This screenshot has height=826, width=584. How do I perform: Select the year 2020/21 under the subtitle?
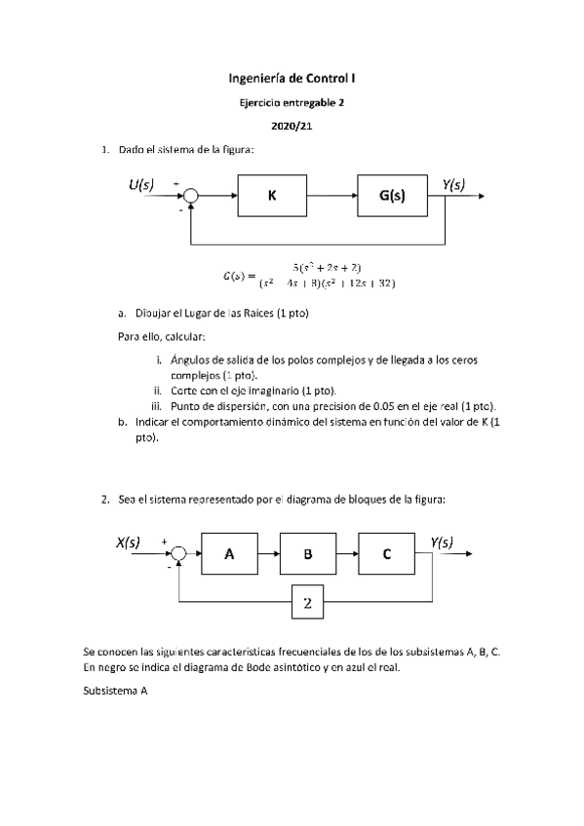coord(292,125)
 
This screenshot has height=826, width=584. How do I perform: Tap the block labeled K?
coord(272,196)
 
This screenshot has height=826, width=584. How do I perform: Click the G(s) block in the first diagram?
coord(392,196)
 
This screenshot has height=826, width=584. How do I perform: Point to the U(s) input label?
coord(140,184)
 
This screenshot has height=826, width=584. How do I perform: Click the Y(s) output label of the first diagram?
coord(452,184)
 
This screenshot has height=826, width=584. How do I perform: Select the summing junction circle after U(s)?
coord(191,197)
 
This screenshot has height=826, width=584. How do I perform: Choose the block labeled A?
coord(229,554)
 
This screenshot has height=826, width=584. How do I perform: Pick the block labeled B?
coord(307,554)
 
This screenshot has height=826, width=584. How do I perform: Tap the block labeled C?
coord(386,554)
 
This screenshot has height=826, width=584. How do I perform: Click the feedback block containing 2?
coord(307,604)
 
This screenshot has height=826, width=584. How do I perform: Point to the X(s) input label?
coord(128,543)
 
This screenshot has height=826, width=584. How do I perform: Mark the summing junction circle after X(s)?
coord(177,555)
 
